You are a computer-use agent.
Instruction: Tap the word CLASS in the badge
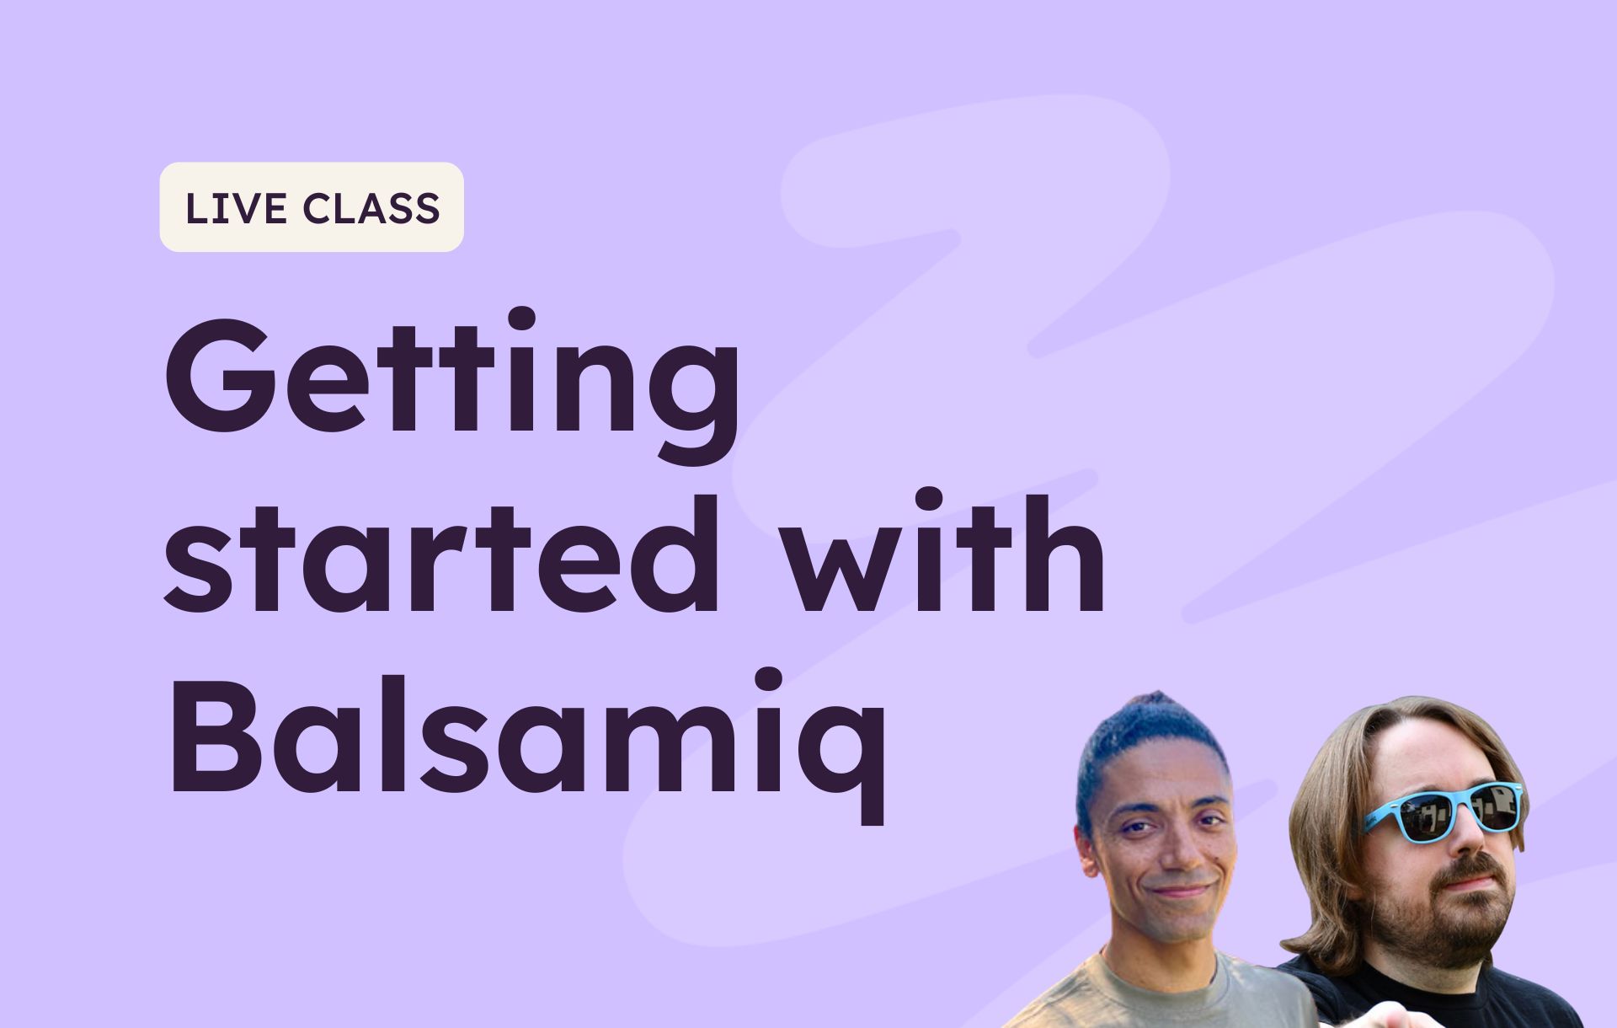point(371,208)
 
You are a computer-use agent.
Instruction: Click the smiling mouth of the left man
point(1182,890)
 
